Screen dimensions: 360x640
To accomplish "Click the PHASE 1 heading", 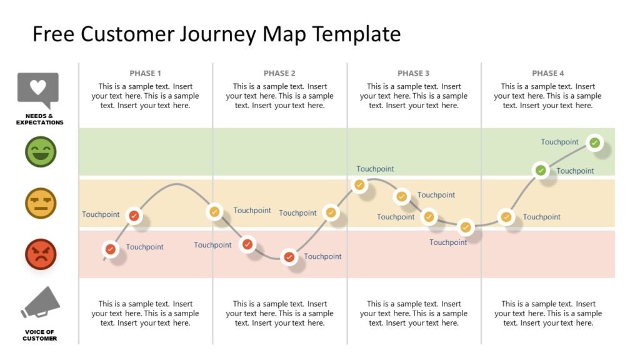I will (146, 73).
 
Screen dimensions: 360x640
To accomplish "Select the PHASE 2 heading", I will (279, 73).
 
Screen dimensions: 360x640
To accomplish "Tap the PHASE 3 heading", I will (413, 73).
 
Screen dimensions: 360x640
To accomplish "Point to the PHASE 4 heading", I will (547, 73).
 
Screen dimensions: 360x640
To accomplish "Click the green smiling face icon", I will (41, 152).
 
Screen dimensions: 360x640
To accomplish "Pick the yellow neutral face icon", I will (41, 203).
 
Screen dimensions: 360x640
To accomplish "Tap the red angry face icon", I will (41, 254).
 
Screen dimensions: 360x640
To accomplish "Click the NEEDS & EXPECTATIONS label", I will (39, 119).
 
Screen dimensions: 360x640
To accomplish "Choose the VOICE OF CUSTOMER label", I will (39, 335).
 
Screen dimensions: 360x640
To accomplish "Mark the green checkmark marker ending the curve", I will (594, 142).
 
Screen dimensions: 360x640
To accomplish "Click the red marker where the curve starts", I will (111, 249).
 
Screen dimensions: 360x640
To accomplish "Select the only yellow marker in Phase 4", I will (506, 217).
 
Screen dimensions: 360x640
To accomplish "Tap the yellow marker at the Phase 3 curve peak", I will (359, 184).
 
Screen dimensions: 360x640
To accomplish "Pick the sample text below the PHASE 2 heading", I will (279, 96).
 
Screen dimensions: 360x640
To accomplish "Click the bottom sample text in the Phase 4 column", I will (547, 313).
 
